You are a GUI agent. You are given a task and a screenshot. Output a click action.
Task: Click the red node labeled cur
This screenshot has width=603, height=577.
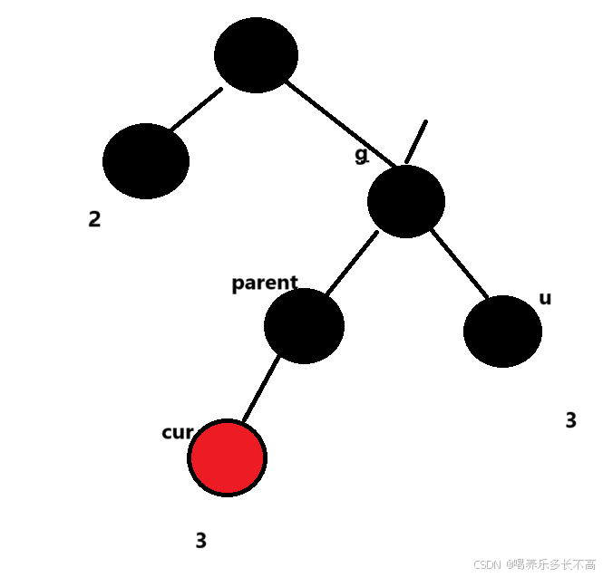pyautogui.click(x=228, y=457)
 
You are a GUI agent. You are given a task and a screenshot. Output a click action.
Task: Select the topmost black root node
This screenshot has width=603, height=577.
pyautogui.click(x=256, y=54)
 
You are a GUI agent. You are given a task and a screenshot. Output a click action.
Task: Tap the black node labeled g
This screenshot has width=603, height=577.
pyautogui.click(x=406, y=201)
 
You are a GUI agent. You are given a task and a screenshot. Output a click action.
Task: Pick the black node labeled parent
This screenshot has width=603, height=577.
pyautogui.click(x=304, y=326)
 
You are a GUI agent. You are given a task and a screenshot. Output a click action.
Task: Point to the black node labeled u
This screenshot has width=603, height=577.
pyautogui.click(x=502, y=332)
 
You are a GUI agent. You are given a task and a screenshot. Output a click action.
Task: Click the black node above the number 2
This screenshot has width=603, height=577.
pyautogui.click(x=146, y=161)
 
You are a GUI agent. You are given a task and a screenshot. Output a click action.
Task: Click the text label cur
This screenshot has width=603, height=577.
pyautogui.click(x=176, y=432)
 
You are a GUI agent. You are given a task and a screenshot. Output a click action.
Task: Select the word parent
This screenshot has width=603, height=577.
pyautogui.click(x=264, y=283)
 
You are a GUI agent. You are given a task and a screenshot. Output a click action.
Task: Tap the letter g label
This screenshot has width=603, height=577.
pyautogui.click(x=362, y=155)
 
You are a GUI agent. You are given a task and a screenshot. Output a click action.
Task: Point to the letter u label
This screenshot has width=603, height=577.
pyautogui.click(x=545, y=298)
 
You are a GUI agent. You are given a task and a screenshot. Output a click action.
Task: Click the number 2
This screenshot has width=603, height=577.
pyautogui.click(x=94, y=219)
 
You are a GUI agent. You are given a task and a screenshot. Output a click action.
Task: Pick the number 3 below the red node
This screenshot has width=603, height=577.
pyautogui.click(x=200, y=541)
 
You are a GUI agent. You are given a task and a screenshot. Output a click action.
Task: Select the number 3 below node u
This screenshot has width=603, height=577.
pyautogui.click(x=570, y=420)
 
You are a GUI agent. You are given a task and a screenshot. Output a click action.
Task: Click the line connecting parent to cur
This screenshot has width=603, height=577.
pyautogui.click(x=260, y=390)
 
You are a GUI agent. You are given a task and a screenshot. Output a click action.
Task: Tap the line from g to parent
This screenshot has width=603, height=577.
pyautogui.click(x=352, y=264)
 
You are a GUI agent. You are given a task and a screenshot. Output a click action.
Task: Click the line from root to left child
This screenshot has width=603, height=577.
pyautogui.click(x=196, y=109)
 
